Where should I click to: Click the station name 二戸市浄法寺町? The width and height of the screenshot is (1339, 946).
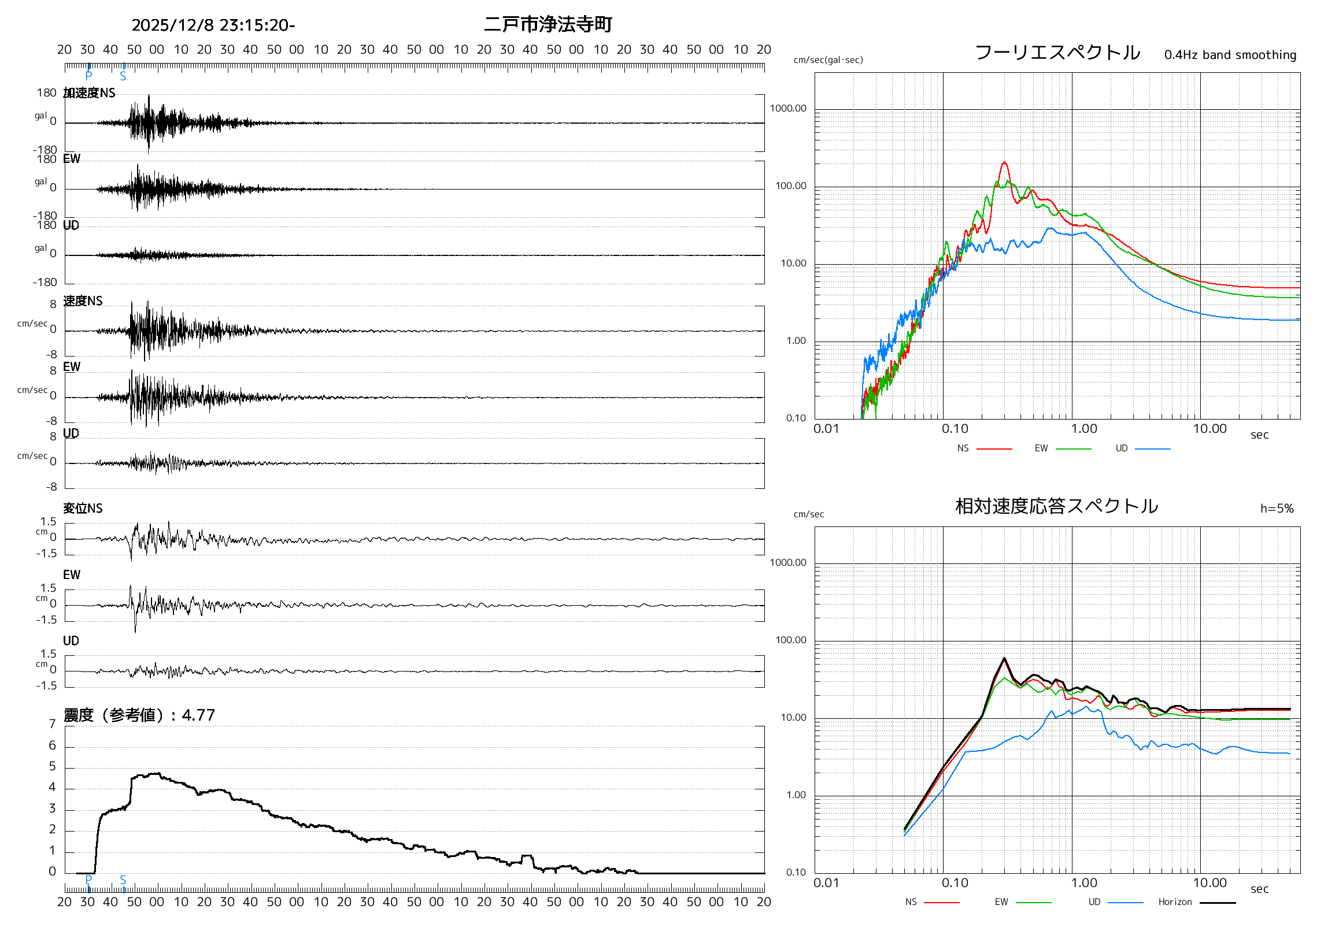coord(548,24)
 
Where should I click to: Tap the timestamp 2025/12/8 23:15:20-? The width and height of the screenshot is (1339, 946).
coord(213,25)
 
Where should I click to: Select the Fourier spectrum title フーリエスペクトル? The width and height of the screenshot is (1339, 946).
coord(1057,53)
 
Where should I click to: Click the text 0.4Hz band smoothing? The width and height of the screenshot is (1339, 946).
coord(1229,55)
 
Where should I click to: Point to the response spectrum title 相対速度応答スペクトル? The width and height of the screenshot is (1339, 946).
coord(1056,506)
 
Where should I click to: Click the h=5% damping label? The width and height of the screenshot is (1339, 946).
coord(1276,509)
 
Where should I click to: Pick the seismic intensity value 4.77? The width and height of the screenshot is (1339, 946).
coord(198,715)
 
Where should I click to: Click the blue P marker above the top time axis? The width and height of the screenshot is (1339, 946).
coord(88,75)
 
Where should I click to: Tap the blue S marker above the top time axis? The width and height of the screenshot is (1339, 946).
coord(123,76)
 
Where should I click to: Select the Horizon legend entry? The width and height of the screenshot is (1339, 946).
coord(1175,902)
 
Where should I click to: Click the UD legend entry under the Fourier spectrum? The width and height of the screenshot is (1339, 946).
coord(1122,448)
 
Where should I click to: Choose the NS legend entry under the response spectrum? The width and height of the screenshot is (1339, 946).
coord(911,902)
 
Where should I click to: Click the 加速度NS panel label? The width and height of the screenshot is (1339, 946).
coord(89,92)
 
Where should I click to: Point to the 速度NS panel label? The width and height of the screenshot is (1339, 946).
coord(83,301)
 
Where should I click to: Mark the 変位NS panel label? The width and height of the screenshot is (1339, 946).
coord(83,509)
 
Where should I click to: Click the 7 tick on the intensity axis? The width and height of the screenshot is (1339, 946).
coord(53,724)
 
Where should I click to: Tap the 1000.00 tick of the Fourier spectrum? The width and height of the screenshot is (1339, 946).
coord(788,109)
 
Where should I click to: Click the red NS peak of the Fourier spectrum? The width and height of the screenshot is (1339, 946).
coord(1004,162)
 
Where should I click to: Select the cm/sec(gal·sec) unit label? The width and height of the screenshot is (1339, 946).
coord(827,60)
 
